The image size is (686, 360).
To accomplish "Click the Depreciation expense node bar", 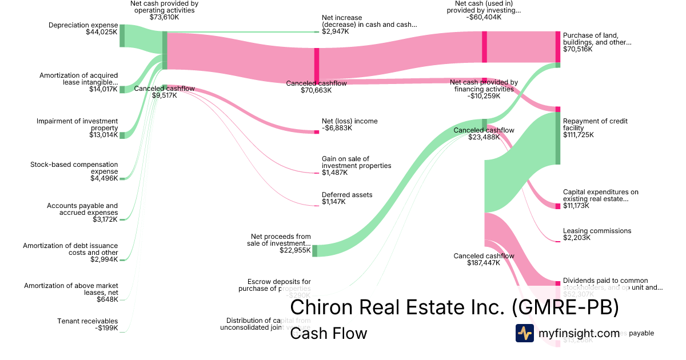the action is pyautogui.click(x=122, y=35).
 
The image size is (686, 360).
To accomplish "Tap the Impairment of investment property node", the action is pyautogui.click(x=122, y=135).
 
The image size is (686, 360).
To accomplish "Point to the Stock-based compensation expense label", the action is pyautogui.click(x=74, y=168).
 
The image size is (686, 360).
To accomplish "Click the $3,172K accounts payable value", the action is pyautogui.click(x=105, y=219).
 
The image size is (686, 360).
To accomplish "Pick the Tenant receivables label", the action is pyautogui.click(x=87, y=321).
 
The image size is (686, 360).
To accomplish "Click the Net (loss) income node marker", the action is pyautogui.click(x=316, y=132).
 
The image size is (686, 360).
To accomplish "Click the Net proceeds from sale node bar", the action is pyautogui.click(x=314, y=250).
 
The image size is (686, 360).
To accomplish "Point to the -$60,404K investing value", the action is pyautogui.click(x=484, y=17).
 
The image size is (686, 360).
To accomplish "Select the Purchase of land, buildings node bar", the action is pyautogui.click(x=558, y=47).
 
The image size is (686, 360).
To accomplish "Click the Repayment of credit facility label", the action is pyautogui.click(x=595, y=125).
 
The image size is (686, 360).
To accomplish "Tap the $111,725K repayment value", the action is pyautogui.click(x=579, y=135).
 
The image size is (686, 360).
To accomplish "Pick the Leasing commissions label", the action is pyautogui.click(x=597, y=231).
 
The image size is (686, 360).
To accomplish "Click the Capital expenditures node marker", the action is pyautogui.click(x=558, y=206).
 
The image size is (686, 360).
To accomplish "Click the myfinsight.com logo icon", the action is pyautogui.click(x=524, y=333).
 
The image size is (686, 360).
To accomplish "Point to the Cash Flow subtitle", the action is pyautogui.click(x=328, y=333).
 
